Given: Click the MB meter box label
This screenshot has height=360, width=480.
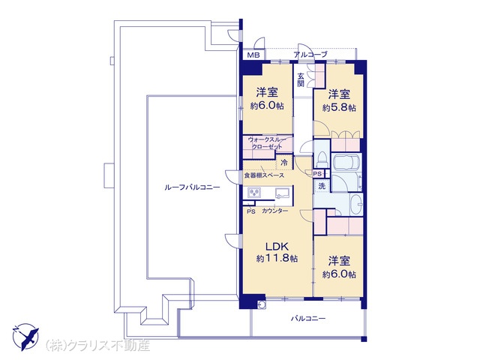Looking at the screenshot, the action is point(253,55).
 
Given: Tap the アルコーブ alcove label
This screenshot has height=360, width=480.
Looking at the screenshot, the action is point(310,55).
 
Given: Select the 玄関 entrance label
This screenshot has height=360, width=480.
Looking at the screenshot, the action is point(301,79).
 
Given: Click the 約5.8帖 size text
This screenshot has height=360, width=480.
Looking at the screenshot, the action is point(339,108).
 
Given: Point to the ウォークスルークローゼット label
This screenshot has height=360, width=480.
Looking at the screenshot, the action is point(267,143).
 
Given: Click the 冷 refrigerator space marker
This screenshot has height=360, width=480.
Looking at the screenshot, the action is point(284,163).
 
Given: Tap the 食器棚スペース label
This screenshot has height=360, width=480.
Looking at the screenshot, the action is point(264,175).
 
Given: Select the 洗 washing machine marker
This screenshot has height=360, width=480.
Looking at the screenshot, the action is point(322,186).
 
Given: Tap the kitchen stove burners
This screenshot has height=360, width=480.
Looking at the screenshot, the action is point(254,193).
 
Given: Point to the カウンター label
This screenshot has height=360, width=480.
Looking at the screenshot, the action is point(274,211).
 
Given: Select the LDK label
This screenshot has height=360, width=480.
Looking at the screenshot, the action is point(277,246).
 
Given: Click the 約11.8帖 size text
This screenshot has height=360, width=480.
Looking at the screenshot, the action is point(277,259).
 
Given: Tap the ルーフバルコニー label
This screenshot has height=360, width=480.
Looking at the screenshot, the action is point(192,187).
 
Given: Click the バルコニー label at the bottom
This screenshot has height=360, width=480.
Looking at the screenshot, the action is point(308,319).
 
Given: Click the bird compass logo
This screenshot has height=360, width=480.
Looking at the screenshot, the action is point(25,336).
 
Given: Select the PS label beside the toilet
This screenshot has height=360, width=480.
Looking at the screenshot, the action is point(318,174).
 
